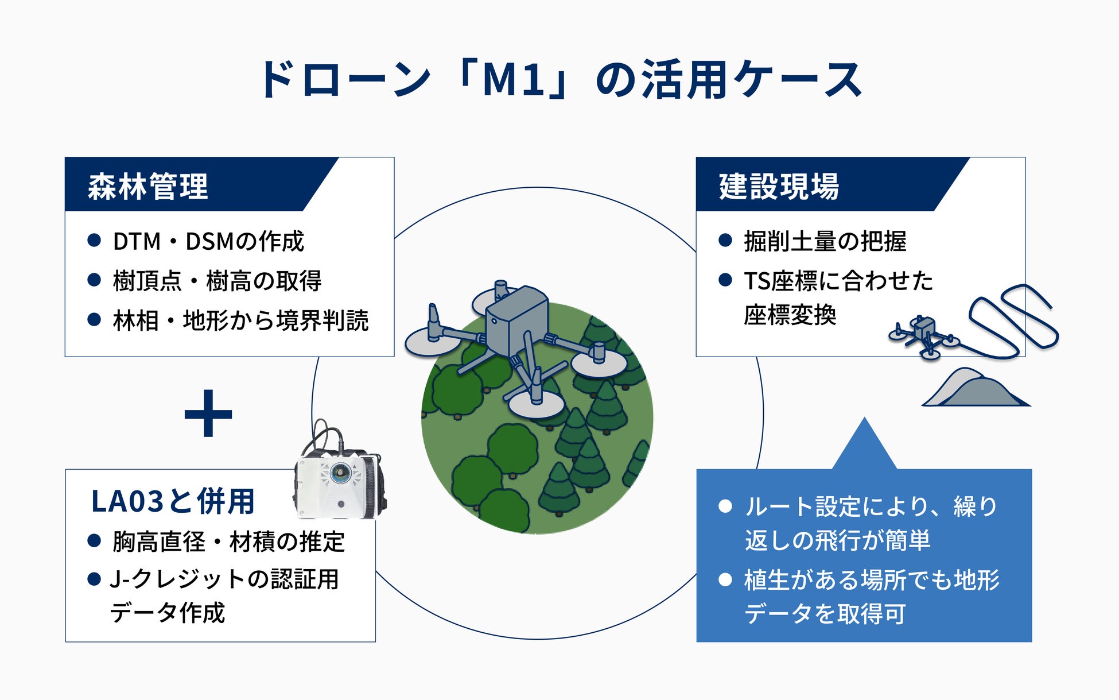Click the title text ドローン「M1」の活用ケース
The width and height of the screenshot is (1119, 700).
pyautogui.click(x=559, y=79)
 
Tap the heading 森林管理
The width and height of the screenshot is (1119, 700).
pyautogui.click(x=147, y=186)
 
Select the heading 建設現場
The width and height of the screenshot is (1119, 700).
pyautogui.click(x=779, y=186)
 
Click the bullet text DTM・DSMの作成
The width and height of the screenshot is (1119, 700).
pyautogui.click(x=208, y=241)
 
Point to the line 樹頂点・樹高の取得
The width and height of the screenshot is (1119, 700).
pyautogui.click(x=217, y=281)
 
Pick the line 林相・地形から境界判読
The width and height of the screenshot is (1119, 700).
pyautogui.click(x=240, y=320)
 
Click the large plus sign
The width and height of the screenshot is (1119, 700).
pyautogui.click(x=208, y=413)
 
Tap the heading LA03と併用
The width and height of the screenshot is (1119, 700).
pyautogui.click(x=173, y=501)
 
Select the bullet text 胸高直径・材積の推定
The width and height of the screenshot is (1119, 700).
pyautogui.click(x=228, y=542)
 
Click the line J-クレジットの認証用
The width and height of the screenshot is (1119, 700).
pyautogui.click(x=224, y=579)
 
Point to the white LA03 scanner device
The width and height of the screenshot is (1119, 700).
pyautogui.click(x=339, y=482)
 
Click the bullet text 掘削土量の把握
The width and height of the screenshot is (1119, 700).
pyautogui.click(x=825, y=241)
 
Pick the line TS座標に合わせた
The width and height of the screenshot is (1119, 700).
pyautogui.click(x=838, y=281)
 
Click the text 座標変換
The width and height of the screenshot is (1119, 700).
pyautogui.click(x=790, y=315)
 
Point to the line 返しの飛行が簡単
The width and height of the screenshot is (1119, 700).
pyautogui.click(x=837, y=540)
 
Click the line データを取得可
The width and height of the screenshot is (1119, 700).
pyautogui.click(x=825, y=613)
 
